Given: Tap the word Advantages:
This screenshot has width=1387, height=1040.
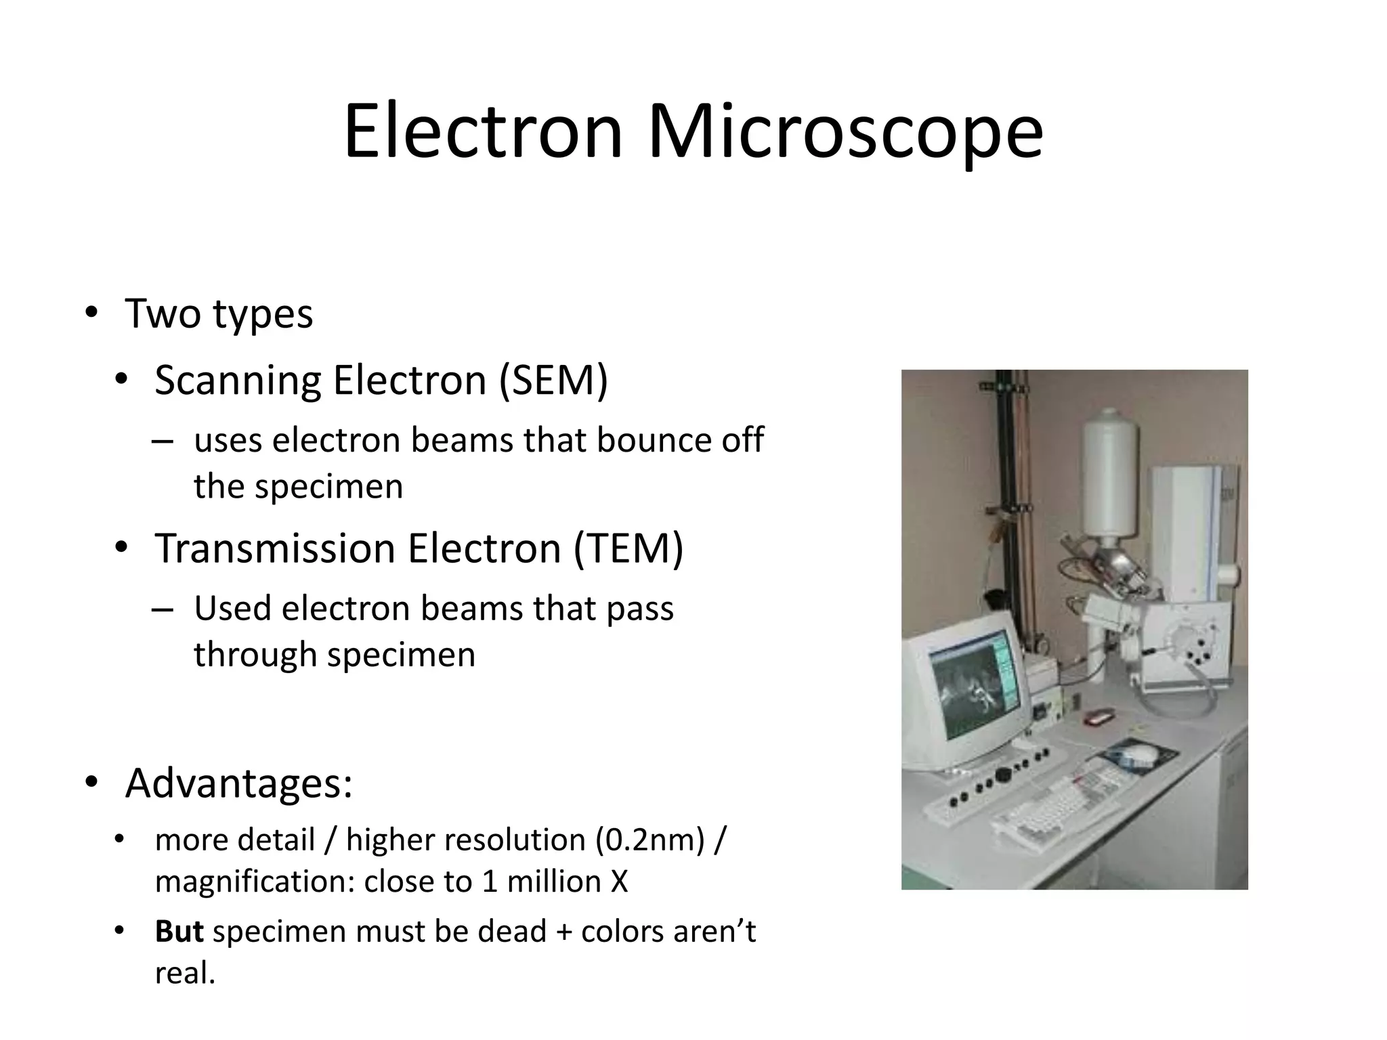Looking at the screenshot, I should click(238, 783).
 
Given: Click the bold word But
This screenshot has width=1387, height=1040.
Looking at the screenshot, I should click(179, 932).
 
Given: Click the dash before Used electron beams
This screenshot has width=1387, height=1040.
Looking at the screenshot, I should click(163, 608).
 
